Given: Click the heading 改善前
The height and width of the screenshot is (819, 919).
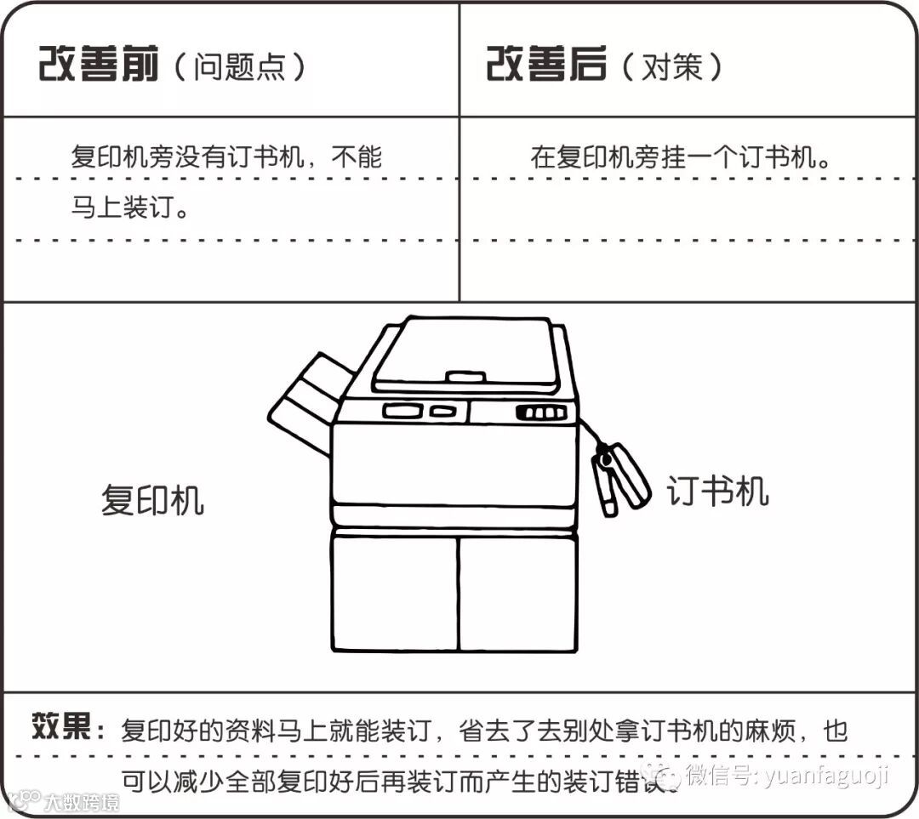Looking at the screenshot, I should [99, 65].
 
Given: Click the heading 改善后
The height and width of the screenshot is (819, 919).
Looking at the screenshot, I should [545, 65].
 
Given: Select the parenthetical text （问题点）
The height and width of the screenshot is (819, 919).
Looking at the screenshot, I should [240, 67].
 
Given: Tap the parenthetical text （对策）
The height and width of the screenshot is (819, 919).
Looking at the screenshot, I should [671, 67].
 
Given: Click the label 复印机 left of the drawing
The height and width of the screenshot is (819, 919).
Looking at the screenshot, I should [152, 499].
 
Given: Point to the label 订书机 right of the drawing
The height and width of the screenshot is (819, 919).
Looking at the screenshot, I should [717, 491].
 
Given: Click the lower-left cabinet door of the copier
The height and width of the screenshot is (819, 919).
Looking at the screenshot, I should [394, 592].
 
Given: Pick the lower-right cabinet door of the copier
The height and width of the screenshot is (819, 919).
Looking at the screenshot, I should [517, 592].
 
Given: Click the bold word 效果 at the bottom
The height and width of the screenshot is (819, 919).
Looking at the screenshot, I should [61, 728].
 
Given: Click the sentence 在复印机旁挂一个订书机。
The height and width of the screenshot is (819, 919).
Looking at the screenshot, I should [681, 158].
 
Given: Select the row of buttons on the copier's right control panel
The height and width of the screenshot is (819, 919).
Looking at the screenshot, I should [541, 413].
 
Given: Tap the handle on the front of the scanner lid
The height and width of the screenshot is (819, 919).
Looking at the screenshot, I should [465, 375].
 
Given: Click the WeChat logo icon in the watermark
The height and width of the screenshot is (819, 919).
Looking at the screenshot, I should [663, 775].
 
